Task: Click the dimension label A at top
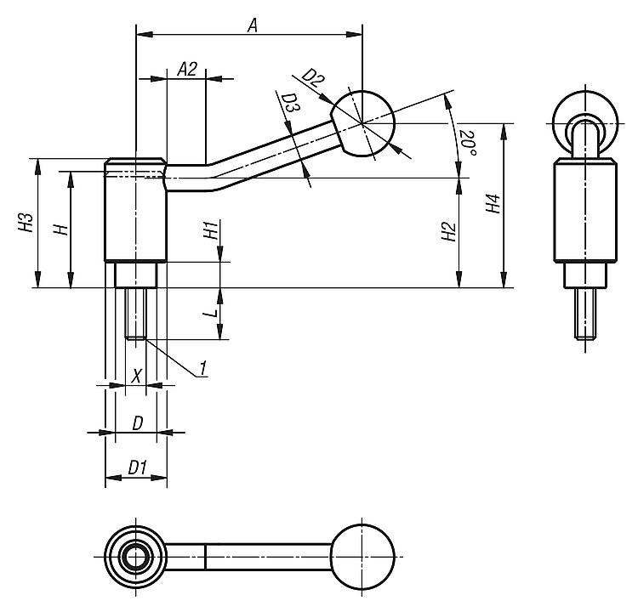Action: click(252, 25)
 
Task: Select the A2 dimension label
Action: click(187, 70)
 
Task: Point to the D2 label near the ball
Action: click(313, 82)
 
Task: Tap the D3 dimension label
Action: click(290, 105)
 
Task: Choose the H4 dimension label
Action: click(492, 205)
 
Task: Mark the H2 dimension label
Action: click(447, 233)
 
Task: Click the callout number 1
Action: click(204, 368)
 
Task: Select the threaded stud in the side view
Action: click(136, 314)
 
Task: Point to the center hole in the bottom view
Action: click(134, 557)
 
